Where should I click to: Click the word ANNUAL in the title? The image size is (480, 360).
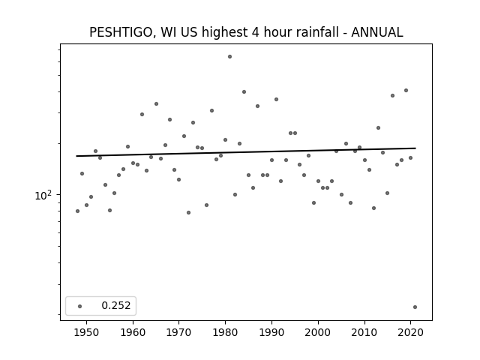376,32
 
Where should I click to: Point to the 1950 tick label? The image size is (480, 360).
87,332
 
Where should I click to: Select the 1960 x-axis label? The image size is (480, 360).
133,332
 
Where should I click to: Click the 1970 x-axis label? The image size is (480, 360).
178,332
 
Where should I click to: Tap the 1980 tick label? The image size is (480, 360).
225,332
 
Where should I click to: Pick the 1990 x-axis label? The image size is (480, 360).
271,332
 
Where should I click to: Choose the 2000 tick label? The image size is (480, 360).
318,332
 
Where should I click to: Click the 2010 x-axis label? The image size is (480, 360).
364,332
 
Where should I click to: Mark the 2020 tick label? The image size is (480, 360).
410,332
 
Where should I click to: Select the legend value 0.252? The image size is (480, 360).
116,305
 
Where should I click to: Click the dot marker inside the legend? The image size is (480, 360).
80,306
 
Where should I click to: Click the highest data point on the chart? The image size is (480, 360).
230,57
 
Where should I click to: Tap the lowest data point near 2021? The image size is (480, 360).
415,307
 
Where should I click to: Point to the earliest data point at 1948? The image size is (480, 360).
77,211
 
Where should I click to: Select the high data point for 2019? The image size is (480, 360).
406,90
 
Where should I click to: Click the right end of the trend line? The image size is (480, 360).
415,148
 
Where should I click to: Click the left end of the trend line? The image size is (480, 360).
76,156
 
